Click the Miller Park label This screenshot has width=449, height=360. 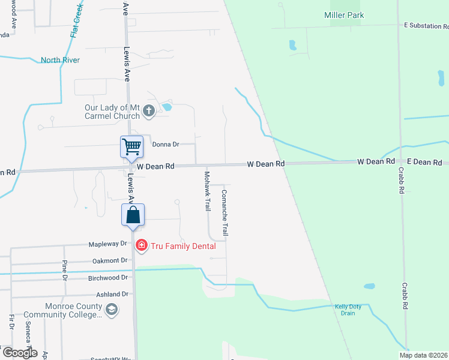click(x=344, y=15)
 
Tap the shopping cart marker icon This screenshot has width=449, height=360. click(x=131, y=146)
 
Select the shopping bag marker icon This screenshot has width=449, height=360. click(x=133, y=214)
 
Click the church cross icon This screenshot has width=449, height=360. click(x=149, y=111)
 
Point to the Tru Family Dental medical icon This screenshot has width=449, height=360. click(x=141, y=245)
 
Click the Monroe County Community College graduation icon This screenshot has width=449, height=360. click(x=111, y=310)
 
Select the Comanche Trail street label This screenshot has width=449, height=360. click(x=224, y=212)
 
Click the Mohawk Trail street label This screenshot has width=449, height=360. click(x=207, y=191)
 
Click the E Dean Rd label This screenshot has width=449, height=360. click(x=424, y=162)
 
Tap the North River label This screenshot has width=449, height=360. click(x=60, y=60)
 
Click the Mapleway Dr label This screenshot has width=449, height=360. click(x=108, y=244)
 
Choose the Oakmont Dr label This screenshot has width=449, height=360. click(x=110, y=260)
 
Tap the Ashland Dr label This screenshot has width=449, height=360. click(x=112, y=295)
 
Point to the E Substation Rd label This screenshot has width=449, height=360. click(x=426, y=26)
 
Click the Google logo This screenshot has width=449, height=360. click(x=19, y=353)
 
